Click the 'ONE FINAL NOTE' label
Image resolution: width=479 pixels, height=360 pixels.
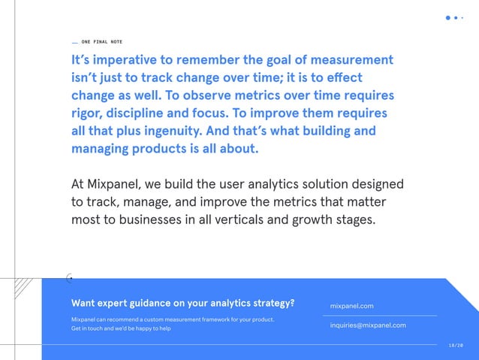[101, 41]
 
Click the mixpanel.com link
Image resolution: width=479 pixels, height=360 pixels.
[352, 306]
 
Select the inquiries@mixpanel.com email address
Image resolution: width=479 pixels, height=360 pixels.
[368, 325]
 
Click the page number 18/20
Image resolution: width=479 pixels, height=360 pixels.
[455, 344]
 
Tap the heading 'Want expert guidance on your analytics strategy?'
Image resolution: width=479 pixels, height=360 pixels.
[182, 304]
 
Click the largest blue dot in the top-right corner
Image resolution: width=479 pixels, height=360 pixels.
[448, 18]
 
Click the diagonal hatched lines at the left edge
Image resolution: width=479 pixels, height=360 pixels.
[23, 287]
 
